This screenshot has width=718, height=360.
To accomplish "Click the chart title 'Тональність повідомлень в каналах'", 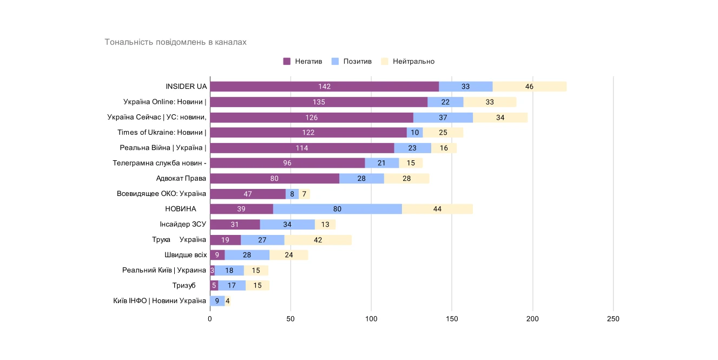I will (x=175, y=42).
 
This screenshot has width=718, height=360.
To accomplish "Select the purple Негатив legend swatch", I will (x=287, y=61).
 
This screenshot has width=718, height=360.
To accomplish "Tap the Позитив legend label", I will (x=357, y=61).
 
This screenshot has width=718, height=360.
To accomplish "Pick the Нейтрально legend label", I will (x=413, y=61).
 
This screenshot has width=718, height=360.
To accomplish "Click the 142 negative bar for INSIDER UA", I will (x=324, y=87).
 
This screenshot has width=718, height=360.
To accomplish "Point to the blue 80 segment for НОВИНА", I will (x=337, y=209).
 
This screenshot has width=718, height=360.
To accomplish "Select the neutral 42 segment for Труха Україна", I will (x=318, y=240).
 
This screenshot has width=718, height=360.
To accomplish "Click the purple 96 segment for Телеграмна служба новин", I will (x=287, y=163).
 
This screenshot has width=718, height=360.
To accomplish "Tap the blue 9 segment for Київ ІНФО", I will (x=217, y=301).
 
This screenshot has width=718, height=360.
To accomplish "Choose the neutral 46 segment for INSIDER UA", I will (x=529, y=87).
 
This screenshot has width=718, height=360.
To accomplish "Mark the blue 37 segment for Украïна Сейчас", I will (x=443, y=117).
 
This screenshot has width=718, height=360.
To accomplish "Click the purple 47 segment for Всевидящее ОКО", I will (x=247, y=194).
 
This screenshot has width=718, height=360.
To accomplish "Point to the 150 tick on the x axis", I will (x=452, y=319).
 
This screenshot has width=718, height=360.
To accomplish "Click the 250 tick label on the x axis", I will (x=613, y=319).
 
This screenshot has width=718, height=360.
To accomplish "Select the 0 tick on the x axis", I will (x=210, y=319).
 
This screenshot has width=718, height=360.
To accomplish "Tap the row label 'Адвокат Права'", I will (x=181, y=178).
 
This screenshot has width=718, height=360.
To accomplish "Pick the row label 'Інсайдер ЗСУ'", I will (x=183, y=224).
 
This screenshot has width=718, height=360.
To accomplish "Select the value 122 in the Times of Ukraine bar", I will (x=308, y=133).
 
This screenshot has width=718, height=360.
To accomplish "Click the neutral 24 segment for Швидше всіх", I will (x=288, y=255).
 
